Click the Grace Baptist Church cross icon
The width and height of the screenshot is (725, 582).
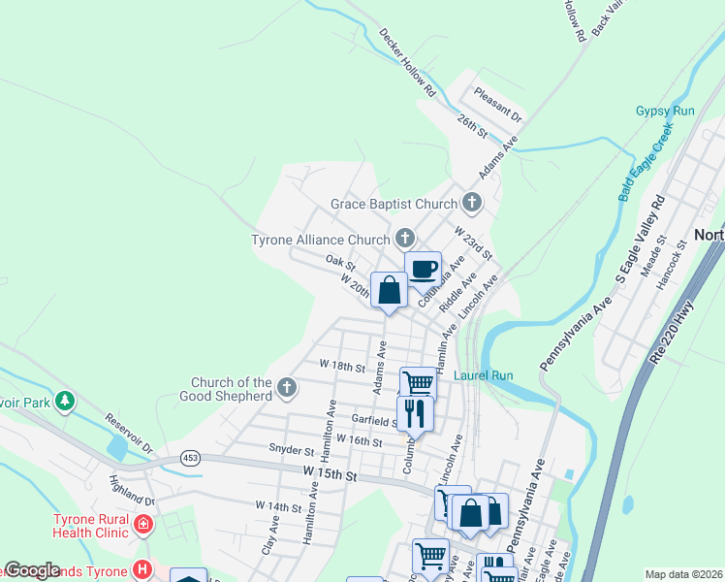(471, 203)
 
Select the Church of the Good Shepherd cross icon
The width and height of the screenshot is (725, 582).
(286, 388)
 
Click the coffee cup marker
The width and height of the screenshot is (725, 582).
(423, 269)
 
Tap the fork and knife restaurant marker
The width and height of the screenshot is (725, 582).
(415, 413)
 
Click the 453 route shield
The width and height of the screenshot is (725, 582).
(188, 457)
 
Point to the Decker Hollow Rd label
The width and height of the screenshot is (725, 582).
(407, 63)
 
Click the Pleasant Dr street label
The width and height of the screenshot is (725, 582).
(498, 106)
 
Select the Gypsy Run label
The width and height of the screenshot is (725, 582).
(665, 111)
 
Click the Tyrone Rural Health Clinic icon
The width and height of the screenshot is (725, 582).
(143, 525)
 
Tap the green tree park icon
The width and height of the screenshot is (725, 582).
(64, 400)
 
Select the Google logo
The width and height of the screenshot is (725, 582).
(32, 570)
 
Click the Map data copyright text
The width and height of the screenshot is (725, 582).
(683, 574)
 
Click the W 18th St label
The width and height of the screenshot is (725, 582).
(341, 367)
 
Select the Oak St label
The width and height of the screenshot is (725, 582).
(341, 262)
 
